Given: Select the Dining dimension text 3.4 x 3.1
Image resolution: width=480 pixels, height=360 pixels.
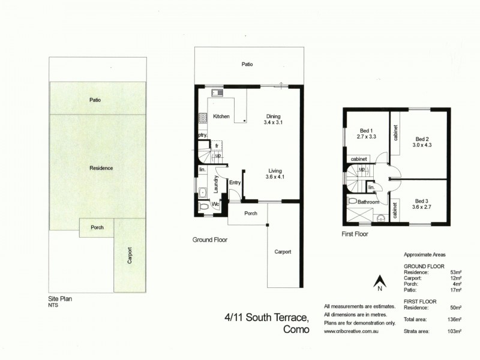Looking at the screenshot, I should click(x=272, y=122).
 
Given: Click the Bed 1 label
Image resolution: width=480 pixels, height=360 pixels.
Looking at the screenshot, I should click(x=366, y=131).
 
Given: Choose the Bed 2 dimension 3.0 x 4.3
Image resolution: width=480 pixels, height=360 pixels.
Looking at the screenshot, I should click(x=422, y=145).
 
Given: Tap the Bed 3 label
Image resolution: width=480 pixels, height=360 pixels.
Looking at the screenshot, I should click(x=421, y=201).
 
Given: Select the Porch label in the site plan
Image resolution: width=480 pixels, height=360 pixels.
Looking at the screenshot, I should click(x=97, y=227).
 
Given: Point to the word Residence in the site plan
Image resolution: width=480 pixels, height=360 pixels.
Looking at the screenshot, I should click(x=101, y=168).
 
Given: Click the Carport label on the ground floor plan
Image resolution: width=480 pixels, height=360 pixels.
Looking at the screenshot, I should click(x=283, y=251).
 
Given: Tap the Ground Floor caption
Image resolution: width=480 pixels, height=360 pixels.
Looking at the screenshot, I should click(x=209, y=239).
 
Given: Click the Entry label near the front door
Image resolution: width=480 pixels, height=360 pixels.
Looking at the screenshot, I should click(x=235, y=182).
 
